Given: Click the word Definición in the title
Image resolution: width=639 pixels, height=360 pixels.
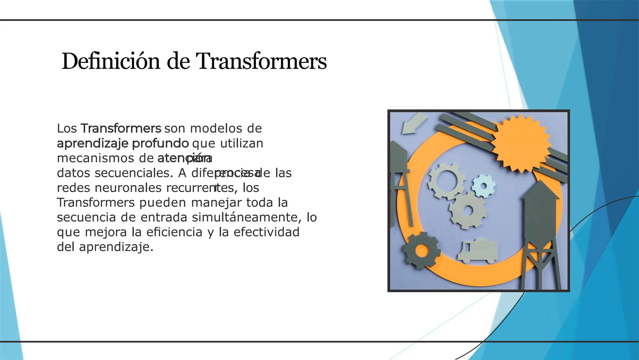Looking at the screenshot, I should tap(111, 61).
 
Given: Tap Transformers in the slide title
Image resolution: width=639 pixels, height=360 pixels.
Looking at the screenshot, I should tap(261, 61).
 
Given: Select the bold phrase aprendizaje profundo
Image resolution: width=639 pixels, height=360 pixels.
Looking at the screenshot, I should tap(123, 143).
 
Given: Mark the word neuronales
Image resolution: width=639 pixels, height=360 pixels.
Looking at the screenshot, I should tap(128, 188).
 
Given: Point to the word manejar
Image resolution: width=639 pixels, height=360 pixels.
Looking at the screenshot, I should tap(216, 203).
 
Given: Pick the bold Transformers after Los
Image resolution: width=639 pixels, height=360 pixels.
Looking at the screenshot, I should tap(121, 128).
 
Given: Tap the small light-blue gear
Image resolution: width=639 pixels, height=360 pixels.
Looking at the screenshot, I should tap(483, 186).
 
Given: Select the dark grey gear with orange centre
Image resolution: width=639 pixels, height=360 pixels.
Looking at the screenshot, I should tap(422, 250).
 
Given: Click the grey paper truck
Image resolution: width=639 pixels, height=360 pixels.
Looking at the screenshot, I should tap(478, 250).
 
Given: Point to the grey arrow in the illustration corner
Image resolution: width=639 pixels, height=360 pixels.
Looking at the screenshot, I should tap(413, 123).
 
